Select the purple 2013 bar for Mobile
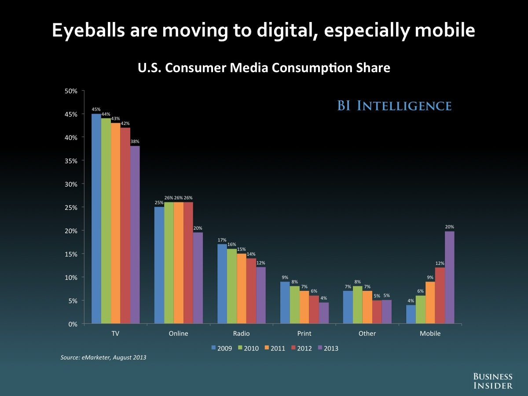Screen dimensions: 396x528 click(x=450, y=278)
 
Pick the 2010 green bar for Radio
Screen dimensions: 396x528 click(x=232, y=286)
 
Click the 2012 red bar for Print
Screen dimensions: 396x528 click(x=314, y=310)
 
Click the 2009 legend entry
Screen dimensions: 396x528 click(x=222, y=348)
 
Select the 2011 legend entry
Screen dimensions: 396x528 click(x=275, y=348)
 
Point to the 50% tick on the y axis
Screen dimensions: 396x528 click(x=71, y=91)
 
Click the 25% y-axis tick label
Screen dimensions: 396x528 click(x=71, y=207)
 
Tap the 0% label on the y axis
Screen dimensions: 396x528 click(x=73, y=324)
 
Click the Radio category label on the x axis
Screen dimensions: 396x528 click(x=242, y=334)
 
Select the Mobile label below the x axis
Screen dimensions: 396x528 click(x=430, y=334)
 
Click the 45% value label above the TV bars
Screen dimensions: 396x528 click(x=96, y=110)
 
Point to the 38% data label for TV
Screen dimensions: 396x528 click(x=135, y=142)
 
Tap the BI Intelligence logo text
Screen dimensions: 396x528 click(x=394, y=106)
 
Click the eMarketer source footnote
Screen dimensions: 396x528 click(x=103, y=357)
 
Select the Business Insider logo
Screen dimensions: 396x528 click(x=493, y=381)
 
